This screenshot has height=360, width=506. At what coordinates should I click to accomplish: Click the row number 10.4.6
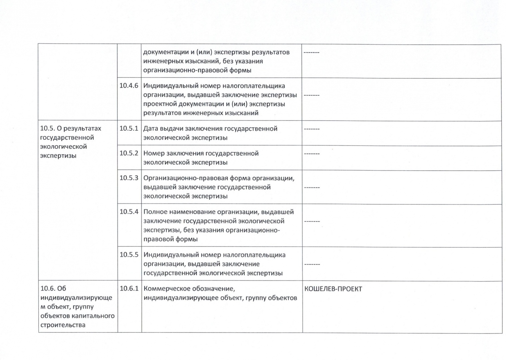(129, 86)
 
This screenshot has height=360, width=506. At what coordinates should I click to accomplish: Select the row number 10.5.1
(129, 129)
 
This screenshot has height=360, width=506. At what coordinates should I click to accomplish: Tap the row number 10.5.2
(129, 153)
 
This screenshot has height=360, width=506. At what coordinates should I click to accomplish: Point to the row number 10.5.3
(129, 178)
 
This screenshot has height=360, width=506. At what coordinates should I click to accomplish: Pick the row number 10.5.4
(129, 212)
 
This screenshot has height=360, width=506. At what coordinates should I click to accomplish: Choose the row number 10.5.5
(129, 255)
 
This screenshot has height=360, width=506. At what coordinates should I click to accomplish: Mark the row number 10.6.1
(129, 289)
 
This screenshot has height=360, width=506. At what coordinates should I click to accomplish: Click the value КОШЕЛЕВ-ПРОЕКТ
(333, 289)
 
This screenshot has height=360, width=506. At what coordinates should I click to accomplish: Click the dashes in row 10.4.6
(311, 95)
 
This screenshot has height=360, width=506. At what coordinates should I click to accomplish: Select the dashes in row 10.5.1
(311, 129)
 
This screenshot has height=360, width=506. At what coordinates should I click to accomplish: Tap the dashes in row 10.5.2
(311, 154)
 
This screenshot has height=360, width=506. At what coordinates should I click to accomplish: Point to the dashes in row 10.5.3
(311, 187)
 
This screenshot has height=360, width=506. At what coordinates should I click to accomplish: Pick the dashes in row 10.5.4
(311, 221)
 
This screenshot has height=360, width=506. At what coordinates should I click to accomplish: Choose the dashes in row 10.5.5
(311, 264)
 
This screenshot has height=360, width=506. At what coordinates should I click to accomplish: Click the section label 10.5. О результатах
(71, 128)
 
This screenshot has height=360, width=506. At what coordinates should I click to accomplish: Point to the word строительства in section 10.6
(63, 325)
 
